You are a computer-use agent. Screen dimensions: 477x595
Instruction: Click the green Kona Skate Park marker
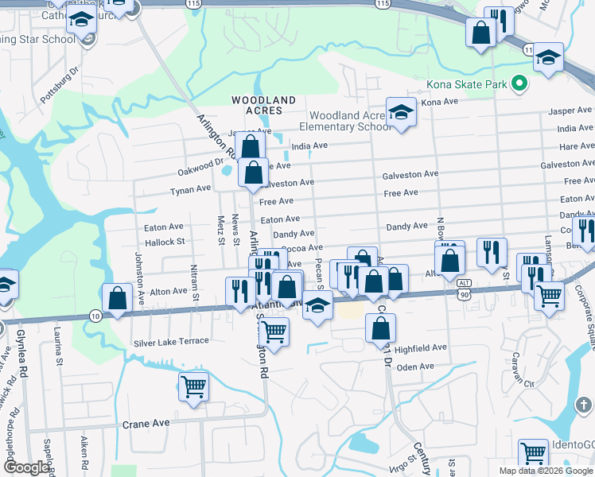point(520,83)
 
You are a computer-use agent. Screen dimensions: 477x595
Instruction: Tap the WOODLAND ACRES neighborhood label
point(263,105)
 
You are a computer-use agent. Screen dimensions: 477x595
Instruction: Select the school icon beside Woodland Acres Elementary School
point(401,113)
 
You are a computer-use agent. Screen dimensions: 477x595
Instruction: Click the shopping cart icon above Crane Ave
point(193,387)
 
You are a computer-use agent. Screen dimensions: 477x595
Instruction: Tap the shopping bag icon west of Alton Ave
point(117,299)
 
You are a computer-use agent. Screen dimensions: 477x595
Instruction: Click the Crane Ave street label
point(146,424)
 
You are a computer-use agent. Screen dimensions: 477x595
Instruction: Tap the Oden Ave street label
point(414,366)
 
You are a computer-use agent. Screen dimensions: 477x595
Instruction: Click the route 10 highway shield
point(95,316)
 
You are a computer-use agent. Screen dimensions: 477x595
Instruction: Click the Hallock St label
point(164,241)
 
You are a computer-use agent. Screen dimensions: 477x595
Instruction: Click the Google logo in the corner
point(25,467)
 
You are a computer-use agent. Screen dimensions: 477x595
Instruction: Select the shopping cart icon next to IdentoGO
point(533,454)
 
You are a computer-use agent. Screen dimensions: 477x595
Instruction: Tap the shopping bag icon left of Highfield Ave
point(381,328)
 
